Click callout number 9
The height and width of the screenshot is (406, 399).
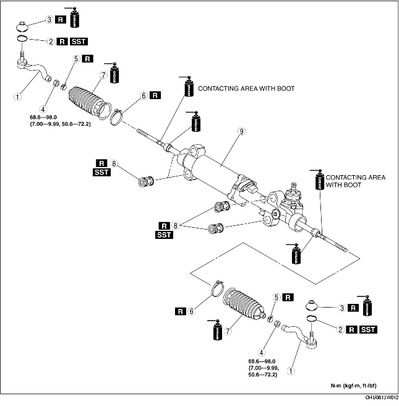click(x=241, y=131)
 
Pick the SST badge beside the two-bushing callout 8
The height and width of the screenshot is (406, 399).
click(x=164, y=235)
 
